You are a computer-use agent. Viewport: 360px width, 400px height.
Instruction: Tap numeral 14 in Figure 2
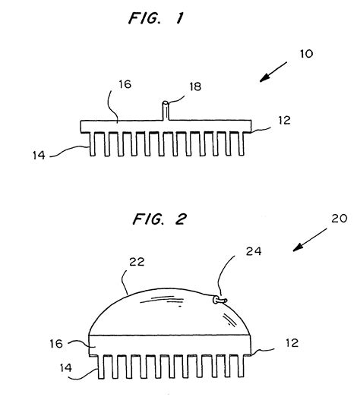(67, 367)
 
